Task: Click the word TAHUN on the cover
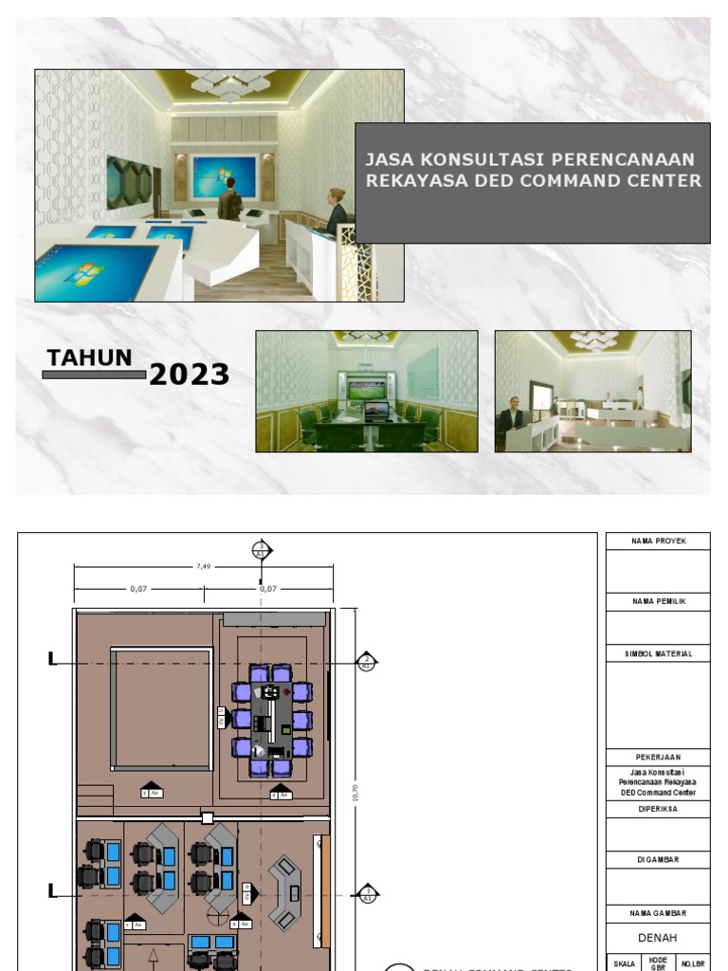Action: click(x=89, y=357)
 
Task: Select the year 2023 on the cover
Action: click(x=189, y=376)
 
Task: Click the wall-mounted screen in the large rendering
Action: click(x=224, y=176)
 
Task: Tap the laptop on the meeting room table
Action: click(x=376, y=411)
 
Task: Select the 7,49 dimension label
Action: click(x=203, y=566)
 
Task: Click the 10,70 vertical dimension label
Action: click(x=355, y=792)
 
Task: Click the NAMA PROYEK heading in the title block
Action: click(x=658, y=541)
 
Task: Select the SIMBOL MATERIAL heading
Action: click(x=658, y=653)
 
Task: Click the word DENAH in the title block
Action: click(x=658, y=936)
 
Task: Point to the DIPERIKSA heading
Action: click(x=658, y=809)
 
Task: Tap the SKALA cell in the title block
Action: click(x=624, y=962)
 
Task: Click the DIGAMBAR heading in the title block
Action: click(x=658, y=859)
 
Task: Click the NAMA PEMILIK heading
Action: click(x=658, y=601)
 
